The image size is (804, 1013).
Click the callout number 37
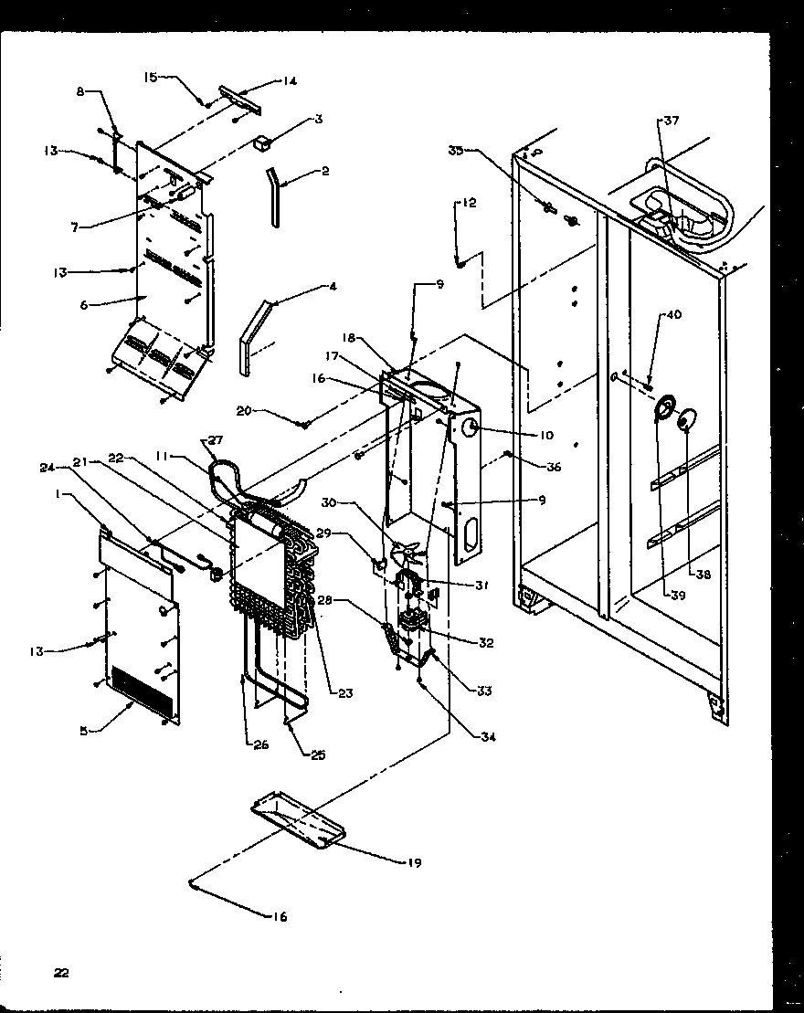tap(672, 120)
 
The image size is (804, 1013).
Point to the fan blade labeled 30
tap(406, 554)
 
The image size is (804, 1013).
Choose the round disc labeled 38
tap(683, 421)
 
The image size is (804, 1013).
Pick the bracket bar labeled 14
tap(238, 100)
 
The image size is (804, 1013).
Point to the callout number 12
tap(467, 204)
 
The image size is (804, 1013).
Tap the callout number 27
tap(215, 440)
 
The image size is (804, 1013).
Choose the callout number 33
tap(484, 691)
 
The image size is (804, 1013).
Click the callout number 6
tap(83, 305)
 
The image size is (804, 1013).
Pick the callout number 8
tap(80, 91)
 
